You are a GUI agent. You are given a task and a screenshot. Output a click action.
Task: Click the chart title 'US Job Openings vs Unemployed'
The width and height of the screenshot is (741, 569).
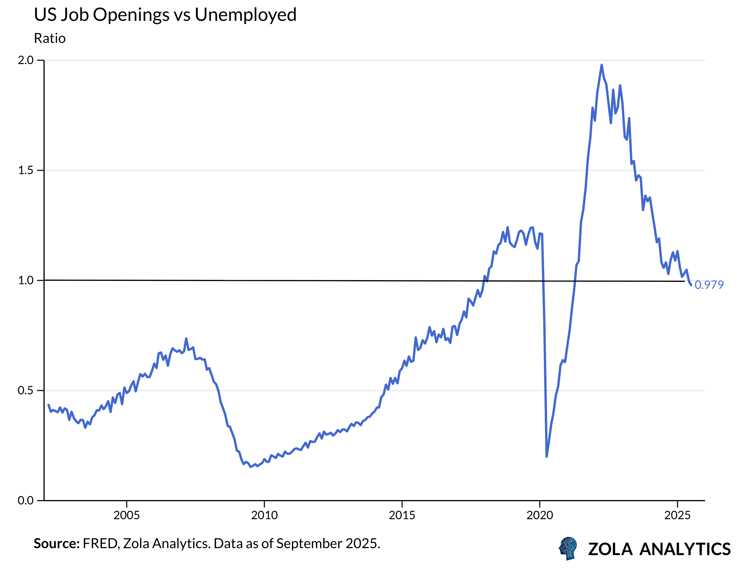click(165, 15)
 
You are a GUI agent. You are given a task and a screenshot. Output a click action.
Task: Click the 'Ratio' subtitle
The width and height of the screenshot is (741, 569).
click(50, 38)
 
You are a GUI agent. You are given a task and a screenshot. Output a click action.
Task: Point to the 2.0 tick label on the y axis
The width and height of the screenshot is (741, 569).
click(26, 60)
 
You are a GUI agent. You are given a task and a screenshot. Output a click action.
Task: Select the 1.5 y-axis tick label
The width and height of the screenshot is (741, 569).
click(26, 170)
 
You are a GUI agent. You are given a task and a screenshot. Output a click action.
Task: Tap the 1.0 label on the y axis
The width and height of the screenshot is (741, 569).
click(26, 280)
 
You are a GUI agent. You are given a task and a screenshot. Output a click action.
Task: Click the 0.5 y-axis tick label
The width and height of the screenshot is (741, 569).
click(26, 390)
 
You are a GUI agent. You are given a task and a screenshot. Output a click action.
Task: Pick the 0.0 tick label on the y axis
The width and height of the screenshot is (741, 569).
click(26, 500)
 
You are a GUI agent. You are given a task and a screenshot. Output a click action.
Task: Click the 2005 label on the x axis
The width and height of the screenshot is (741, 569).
click(126, 515)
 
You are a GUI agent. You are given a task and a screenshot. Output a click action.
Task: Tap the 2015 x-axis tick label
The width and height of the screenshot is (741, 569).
click(402, 515)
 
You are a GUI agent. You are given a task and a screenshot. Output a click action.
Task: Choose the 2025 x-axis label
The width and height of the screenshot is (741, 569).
click(677, 515)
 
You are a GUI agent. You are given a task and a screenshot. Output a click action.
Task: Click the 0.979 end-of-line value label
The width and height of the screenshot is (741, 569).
click(709, 285)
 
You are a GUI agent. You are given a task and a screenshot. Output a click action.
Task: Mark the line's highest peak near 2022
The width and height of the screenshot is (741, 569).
click(601, 65)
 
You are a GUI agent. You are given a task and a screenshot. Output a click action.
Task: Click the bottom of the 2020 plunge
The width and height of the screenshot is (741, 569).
click(546, 457)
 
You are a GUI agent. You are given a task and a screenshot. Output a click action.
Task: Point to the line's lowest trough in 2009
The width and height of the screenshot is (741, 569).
click(250, 467)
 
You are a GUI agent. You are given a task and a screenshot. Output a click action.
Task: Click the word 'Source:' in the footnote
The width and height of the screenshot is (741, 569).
click(56, 544)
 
